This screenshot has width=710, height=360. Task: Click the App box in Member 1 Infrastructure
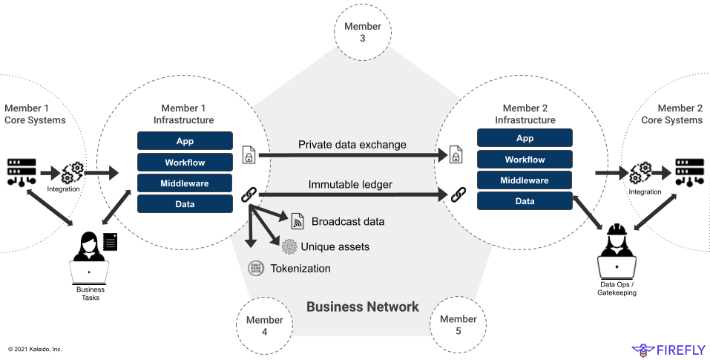[x=185, y=142]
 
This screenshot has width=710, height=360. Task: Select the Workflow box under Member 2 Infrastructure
[x=525, y=160]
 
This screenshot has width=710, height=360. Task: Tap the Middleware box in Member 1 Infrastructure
[x=185, y=183]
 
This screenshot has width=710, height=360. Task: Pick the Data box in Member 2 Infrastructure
[x=525, y=201]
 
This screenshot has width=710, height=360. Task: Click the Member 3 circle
[x=363, y=32]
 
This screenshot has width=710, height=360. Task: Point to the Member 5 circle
[x=458, y=324]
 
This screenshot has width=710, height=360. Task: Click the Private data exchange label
[x=352, y=145]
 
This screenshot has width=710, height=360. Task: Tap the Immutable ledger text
[x=350, y=184]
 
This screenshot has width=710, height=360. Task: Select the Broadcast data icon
[x=298, y=220]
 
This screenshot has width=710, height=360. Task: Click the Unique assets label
[x=335, y=246]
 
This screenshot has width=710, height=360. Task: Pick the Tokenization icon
[x=256, y=268]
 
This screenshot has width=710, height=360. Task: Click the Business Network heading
[x=363, y=307]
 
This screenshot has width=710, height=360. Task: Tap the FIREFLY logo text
[x=677, y=349]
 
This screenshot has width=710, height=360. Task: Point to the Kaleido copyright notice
[x=35, y=349]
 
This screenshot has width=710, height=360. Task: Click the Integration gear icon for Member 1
[x=73, y=173]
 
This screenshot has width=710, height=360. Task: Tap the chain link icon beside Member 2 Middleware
[x=458, y=194]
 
